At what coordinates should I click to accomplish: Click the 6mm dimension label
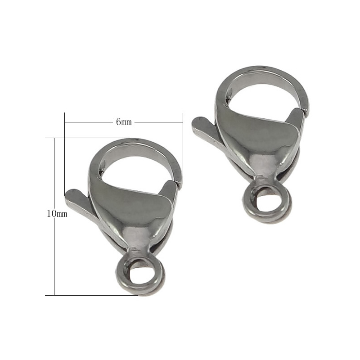pos(124,122)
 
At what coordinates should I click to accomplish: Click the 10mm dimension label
pos(57,214)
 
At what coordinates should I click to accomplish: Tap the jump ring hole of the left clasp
pos(138,272)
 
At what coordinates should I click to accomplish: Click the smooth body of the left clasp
pos(130,211)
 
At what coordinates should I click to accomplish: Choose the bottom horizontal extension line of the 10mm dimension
pos(90,295)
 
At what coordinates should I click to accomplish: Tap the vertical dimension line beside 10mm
pos(54,252)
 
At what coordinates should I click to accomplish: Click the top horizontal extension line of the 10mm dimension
pos(90,138)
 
